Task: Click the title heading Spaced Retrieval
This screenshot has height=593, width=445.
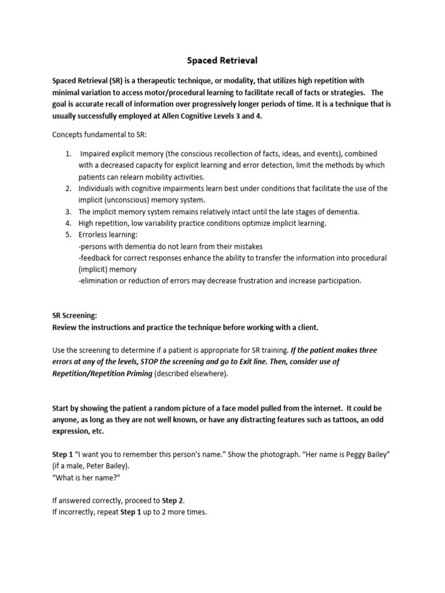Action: tap(222, 60)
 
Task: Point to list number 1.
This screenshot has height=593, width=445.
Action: tap(68, 153)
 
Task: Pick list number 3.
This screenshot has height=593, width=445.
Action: tap(68, 212)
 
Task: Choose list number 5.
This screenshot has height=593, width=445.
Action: tap(68, 235)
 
